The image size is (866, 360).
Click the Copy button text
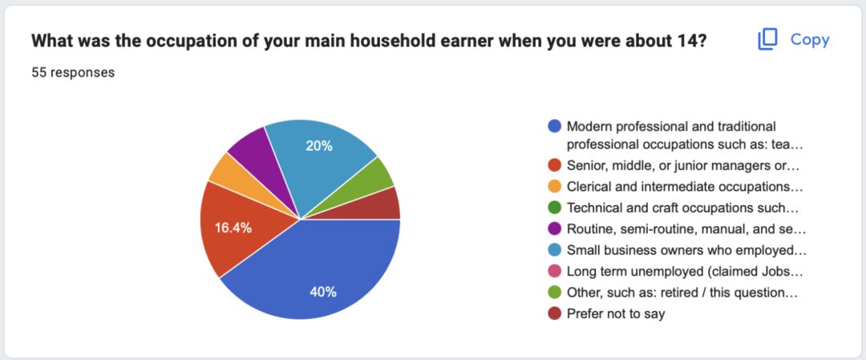810,40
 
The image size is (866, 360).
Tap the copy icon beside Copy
767,39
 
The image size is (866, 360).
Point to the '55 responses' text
73,72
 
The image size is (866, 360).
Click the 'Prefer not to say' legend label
616,314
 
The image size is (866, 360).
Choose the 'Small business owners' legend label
686,250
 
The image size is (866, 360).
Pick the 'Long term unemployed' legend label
684,272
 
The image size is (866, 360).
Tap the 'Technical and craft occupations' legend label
682,208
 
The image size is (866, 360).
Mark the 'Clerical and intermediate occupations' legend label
684,187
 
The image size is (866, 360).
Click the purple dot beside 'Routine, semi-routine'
555,229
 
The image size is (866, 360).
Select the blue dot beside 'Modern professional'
555,127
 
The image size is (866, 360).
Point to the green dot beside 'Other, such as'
555,293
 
